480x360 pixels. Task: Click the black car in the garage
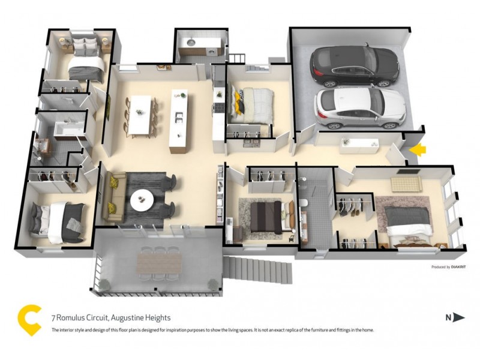point(353,64)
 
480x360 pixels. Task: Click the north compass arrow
point(458,317)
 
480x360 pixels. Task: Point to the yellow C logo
point(29,320)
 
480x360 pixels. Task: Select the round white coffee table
point(143,200)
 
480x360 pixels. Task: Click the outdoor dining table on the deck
point(158,262)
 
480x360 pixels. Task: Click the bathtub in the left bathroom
point(67,131)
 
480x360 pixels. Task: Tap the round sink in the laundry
point(190,43)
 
